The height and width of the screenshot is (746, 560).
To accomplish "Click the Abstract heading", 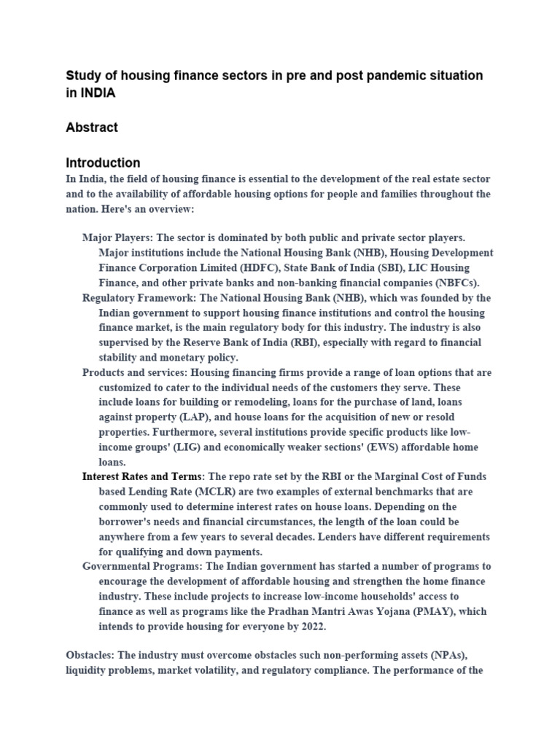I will tap(92, 127).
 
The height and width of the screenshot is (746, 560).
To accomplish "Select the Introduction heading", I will tap(103, 162).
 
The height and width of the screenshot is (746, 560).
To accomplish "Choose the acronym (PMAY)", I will tap(421, 611).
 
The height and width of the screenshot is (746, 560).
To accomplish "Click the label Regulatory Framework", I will tap(136, 297).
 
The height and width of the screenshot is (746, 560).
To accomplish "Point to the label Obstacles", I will tap(90, 656).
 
